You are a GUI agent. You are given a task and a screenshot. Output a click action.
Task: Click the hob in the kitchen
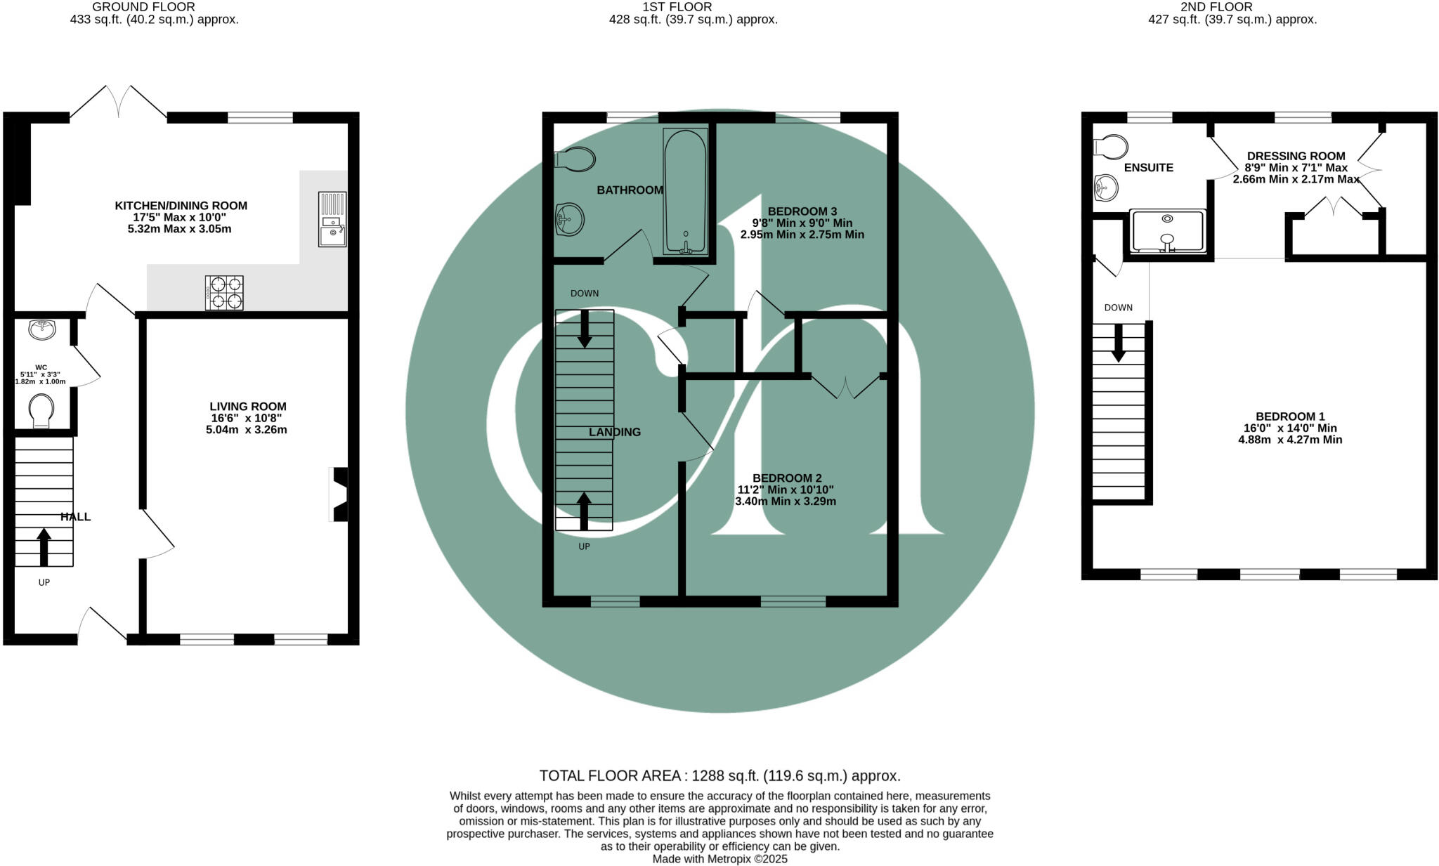coord(225,293)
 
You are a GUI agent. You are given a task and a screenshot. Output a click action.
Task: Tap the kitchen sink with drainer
coord(332,219)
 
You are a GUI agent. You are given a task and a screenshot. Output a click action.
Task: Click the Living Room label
coord(248,406)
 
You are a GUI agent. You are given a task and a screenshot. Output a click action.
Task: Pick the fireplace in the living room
coord(339,494)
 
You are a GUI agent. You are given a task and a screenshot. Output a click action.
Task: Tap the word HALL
coord(75,517)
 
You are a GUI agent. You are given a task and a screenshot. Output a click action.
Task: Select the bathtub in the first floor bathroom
coord(685,190)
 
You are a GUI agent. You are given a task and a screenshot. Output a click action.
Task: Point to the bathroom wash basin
coord(569,221)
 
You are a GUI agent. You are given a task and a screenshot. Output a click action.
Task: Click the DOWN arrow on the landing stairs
coord(584,329)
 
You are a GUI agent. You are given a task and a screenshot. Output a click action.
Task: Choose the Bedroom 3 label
coord(802,211)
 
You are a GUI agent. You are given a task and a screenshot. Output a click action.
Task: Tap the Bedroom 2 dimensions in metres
coord(786,501)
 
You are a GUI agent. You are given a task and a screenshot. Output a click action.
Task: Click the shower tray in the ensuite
coord(1168,231)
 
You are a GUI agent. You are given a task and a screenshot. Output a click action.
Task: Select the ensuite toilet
coord(1111,147)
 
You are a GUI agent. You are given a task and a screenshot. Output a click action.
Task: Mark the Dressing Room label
coord(1296,156)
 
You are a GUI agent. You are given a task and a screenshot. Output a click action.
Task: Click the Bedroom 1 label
coord(1290,416)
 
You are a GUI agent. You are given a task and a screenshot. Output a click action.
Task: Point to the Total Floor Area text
coord(720,775)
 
